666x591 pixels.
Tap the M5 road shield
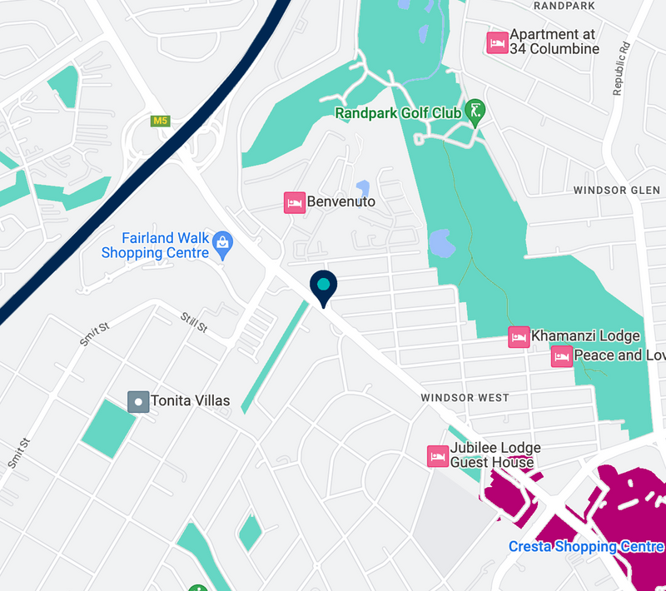click(160, 121)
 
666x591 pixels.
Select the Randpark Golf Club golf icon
click(475, 112)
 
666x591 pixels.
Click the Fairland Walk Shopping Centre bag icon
click(222, 242)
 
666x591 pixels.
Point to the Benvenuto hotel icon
click(294, 202)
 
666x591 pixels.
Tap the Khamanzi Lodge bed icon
click(519, 337)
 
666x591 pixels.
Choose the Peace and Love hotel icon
click(561, 356)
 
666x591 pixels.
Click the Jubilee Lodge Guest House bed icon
click(438, 456)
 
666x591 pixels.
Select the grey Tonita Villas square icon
click(138, 401)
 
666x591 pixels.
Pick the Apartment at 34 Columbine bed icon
click(497, 42)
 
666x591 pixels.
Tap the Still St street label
click(194, 322)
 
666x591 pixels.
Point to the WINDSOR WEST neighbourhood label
click(465, 398)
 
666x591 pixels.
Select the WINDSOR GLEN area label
click(616, 191)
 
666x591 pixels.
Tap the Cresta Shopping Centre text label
click(586, 547)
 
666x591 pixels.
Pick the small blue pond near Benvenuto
click(362, 190)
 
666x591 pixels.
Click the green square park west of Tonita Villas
click(108, 427)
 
